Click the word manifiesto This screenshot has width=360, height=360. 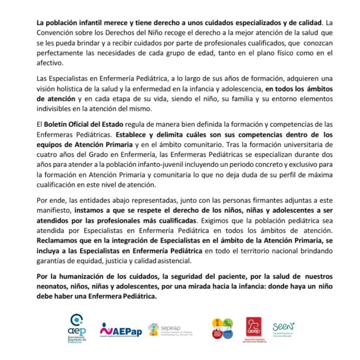pyautogui.click(x=54, y=211)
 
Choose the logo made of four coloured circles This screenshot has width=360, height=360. pyautogui.click(x=222, y=328)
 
